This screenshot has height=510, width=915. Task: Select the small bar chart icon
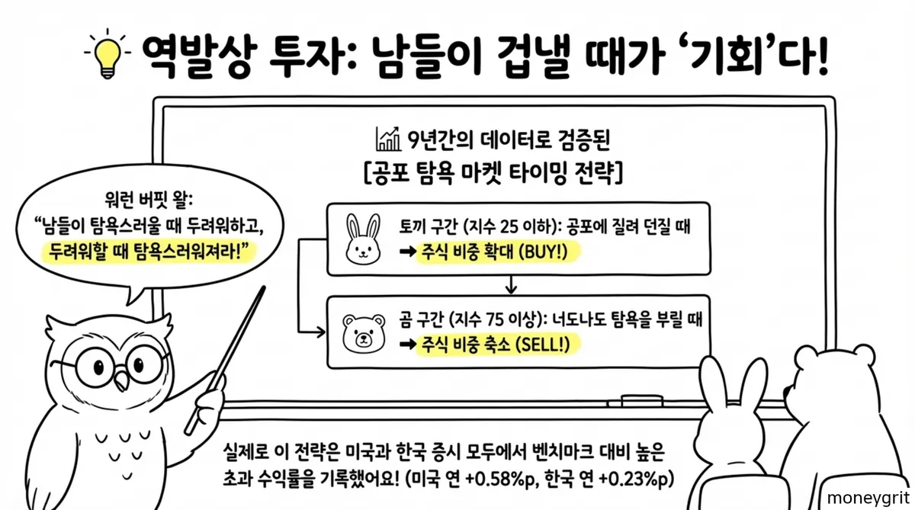[388, 140]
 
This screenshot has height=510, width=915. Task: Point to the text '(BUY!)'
[543, 254]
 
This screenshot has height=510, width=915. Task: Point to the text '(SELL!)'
[543, 345]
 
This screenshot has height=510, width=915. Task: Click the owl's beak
[120, 378]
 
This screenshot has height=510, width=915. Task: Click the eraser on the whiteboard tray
[631, 399]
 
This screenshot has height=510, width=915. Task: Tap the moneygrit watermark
[870, 497]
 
